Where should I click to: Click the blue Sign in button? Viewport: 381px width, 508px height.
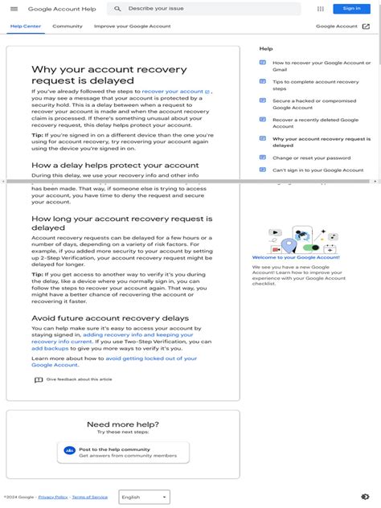click(x=351, y=9)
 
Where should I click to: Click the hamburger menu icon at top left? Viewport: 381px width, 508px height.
click(x=14, y=9)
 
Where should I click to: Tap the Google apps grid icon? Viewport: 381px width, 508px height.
click(x=321, y=9)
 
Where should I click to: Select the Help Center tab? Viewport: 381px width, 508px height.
click(x=25, y=26)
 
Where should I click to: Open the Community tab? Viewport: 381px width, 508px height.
click(x=68, y=26)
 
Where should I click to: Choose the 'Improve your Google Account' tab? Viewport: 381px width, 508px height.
click(x=133, y=26)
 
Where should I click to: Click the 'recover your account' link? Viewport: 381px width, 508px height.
click(x=173, y=92)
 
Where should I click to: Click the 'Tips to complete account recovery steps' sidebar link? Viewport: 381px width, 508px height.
click(x=315, y=85)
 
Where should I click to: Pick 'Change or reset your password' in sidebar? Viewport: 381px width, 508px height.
click(x=311, y=158)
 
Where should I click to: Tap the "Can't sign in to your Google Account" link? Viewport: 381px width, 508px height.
click(x=317, y=170)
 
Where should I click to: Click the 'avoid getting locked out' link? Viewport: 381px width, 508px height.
click(x=151, y=358)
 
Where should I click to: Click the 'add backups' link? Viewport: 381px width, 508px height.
click(x=50, y=349)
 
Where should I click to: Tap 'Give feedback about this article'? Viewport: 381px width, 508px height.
click(x=79, y=379)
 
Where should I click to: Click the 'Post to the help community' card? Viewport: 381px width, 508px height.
click(x=123, y=453)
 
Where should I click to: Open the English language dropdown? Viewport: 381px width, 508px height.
click(x=143, y=498)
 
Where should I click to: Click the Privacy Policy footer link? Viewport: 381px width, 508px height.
click(x=53, y=498)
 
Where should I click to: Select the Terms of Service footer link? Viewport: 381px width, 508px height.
click(x=89, y=498)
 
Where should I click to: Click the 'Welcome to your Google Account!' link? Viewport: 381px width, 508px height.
click(x=296, y=257)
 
